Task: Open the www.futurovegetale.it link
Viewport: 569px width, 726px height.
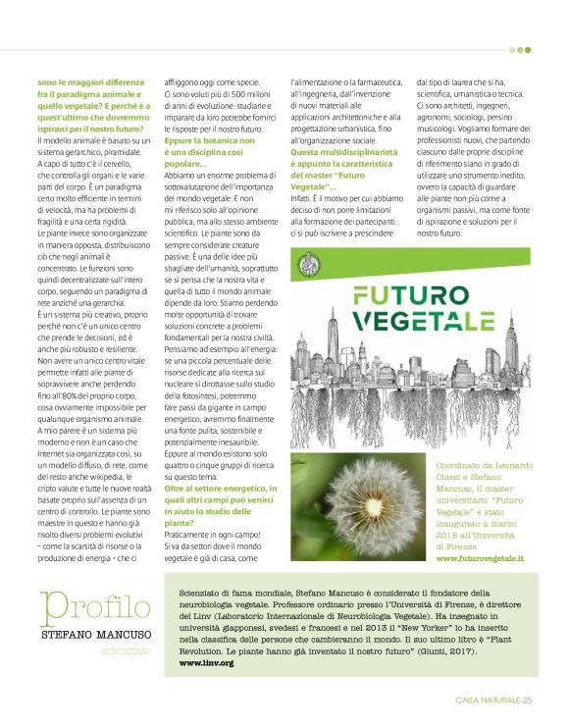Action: point(480,557)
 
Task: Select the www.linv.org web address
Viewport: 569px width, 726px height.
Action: point(206,635)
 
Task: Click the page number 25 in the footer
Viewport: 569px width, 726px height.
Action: point(526,700)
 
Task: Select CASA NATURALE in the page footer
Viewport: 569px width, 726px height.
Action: point(487,700)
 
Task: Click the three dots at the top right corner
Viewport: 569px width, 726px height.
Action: point(520,49)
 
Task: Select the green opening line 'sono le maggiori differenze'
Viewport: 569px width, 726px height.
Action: point(87,81)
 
